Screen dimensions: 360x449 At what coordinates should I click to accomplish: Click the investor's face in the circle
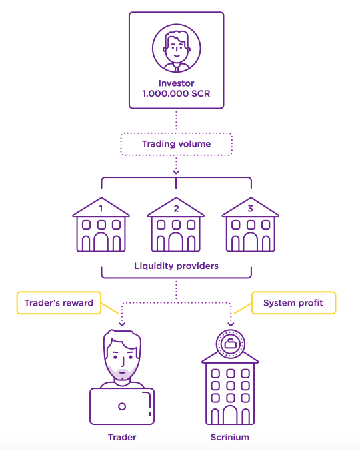click(177, 48)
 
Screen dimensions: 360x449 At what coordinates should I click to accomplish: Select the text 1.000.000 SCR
click(176, 93)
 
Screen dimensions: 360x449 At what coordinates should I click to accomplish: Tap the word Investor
click(176, 83)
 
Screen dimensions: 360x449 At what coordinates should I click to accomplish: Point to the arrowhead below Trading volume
click(176, 172)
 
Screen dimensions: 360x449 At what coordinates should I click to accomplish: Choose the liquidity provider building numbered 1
click(101, 225)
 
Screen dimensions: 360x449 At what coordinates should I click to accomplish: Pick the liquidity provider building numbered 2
click(176, 225)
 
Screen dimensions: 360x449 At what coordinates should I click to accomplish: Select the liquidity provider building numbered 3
click(251, 225)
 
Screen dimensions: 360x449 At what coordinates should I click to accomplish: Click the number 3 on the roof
click(251, 209)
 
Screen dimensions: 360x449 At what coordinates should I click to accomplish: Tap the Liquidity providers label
click(176, 266)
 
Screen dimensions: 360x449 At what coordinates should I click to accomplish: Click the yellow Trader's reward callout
click(59, 303)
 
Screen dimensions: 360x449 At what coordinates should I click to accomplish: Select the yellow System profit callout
click(293, 303)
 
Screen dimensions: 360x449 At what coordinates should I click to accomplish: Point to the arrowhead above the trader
click(122, 324)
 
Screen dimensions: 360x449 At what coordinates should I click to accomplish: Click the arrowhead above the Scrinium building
click(231, 324)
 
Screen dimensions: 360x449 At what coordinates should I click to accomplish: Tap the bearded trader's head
click(122, 355)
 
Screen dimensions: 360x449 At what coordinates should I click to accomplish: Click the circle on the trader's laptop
click(122, 406)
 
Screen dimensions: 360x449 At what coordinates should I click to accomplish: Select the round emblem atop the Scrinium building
click(231, 344)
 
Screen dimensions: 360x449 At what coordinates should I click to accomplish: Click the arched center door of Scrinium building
click(230, 414)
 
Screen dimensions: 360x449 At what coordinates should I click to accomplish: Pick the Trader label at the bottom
click(122, 437)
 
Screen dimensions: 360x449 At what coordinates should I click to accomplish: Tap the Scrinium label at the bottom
click(230, 437)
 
